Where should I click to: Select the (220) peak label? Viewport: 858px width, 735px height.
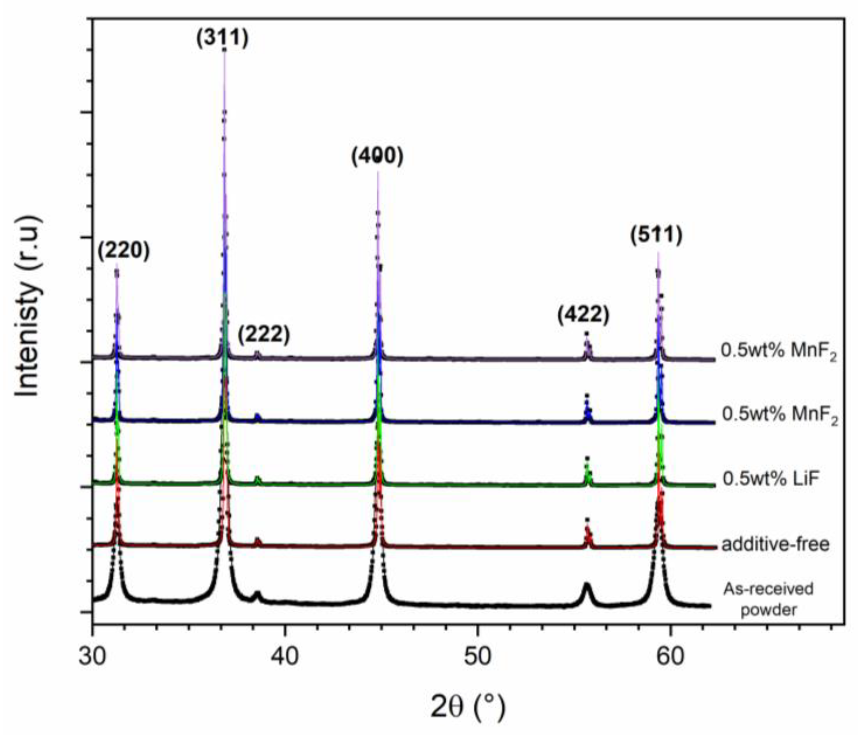tap(123, 251)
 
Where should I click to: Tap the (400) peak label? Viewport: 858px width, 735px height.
tap(377, 156)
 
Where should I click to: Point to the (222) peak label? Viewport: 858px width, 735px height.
tap(264, 334)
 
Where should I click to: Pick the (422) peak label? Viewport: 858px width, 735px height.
tap(583, 315)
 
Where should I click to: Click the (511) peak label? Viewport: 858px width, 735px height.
tap(656, 235)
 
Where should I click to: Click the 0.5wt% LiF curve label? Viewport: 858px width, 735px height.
tap(771, 479)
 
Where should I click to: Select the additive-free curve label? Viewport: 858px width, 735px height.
tap(775, 544)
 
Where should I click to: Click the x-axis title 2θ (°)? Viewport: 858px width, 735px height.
tap(468, 708)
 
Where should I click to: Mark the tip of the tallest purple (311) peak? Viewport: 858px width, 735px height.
tap(225, 50)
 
